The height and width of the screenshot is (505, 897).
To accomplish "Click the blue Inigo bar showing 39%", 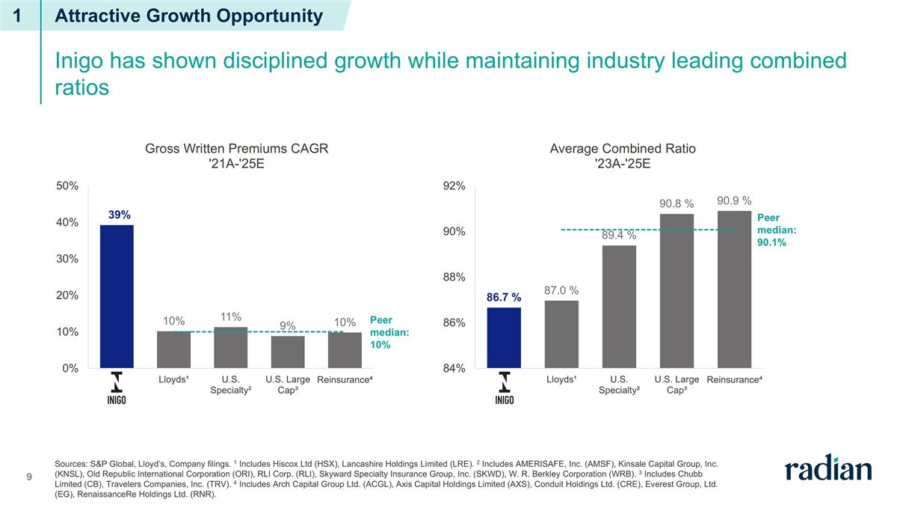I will (x=117, y=296).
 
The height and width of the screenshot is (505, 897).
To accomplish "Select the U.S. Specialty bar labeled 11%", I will (x=230, y=348).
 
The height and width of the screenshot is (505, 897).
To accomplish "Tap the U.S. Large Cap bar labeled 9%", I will (x=288, y=352).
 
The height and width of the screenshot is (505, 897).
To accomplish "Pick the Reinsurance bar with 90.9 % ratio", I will (x=734, y=290).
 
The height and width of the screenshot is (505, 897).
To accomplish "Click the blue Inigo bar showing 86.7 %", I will (x=504, y=337).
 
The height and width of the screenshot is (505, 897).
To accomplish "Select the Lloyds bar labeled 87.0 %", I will (x=561, y=334).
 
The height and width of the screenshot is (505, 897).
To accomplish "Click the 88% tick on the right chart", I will (x=454, y=278).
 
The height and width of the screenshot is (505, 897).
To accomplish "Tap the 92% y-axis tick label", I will (x=454, y=186).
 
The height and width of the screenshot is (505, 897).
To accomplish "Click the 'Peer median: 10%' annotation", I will (x=386, y=332).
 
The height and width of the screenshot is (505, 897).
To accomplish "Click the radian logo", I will (x=827, y=469).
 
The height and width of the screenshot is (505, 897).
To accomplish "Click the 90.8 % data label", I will (x=676, y=203).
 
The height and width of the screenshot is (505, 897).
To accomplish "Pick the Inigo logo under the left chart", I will (x=116, y=388).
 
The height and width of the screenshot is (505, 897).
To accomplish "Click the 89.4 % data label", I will (x=619, y=236).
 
